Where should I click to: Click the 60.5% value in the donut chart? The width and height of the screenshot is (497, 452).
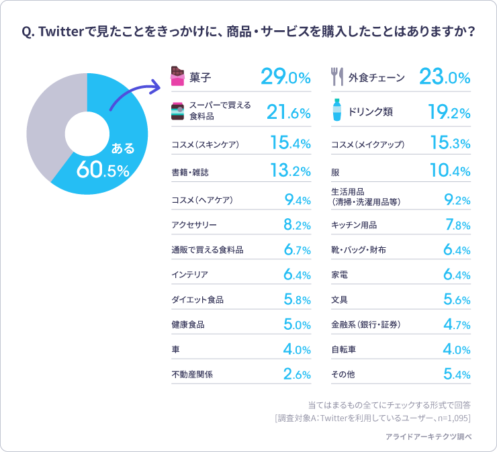(x=102, y=169)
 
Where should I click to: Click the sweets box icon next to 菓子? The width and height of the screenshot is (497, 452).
(x=177, y=77)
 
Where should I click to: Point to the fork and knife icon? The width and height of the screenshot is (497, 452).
(x=337, y=77)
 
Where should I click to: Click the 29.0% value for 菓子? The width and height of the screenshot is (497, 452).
(x=285, y=77)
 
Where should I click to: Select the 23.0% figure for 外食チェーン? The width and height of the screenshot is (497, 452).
(x=444, y=77)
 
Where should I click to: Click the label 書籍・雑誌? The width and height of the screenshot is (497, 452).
(x=190, y=172)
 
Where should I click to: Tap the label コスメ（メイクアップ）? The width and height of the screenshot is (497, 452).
(x=367, y=144)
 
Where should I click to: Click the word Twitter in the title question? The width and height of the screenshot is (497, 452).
(x=64, y=32)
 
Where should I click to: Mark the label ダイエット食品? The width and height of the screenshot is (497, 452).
(x=197, y=300)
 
